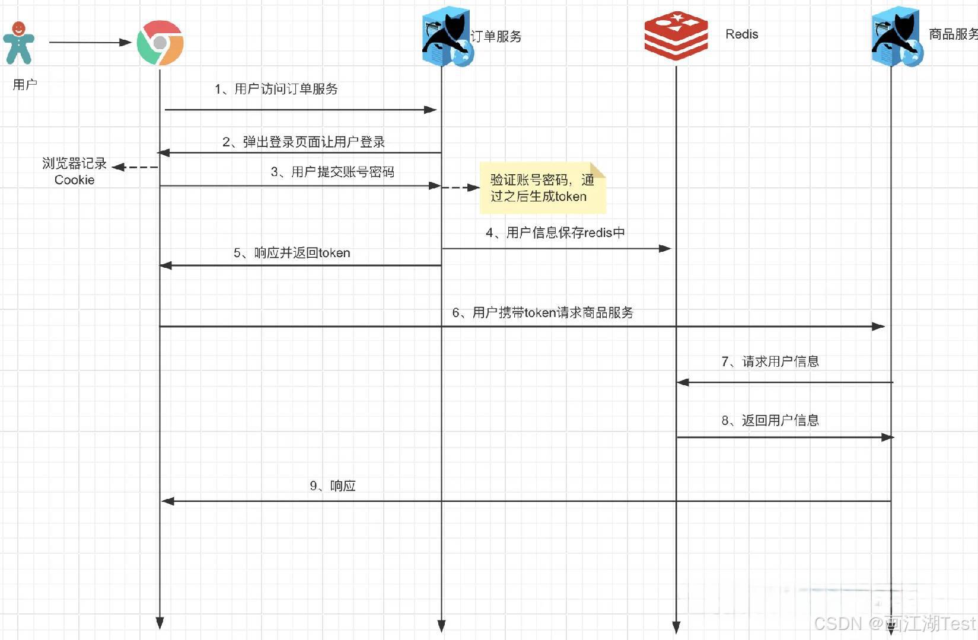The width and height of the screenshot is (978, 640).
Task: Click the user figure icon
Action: (x=18, y=43)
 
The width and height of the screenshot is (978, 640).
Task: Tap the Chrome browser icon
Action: (x=160, y=43)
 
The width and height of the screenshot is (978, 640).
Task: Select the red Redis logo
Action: (x=676, y=36)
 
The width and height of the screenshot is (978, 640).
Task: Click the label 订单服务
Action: (x=496, y=36)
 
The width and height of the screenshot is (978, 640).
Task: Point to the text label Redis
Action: (x=741, y=34)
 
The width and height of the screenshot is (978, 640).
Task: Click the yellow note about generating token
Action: (x=542, y=188)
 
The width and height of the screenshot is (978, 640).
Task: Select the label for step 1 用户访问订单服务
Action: (x=276, y=89)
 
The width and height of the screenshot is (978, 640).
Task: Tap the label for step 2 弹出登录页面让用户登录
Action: (x=304, y=142)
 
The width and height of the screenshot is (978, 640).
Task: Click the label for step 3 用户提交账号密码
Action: (x=332, y=172)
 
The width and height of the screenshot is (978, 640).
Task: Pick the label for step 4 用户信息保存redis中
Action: (x=555, y=233)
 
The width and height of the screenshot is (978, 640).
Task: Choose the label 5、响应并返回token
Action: (x=292, y=253)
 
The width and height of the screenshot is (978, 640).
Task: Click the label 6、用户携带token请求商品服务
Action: (x=543, y=313)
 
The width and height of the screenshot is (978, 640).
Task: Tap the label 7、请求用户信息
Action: (x=770, y=361)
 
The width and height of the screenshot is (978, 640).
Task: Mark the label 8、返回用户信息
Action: (x=770, y=421)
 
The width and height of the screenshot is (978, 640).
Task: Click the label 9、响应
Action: (x=333, y=486)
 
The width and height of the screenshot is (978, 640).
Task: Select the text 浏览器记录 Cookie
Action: (x=74, y=171)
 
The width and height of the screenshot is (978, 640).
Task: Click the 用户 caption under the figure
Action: (x=25, y=85)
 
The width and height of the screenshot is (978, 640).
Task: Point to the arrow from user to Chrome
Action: (x=89, y=42)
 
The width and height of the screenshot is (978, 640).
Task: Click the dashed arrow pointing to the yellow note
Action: (x=460, y=187)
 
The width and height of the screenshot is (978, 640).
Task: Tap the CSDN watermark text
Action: (x=894, y=623)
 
